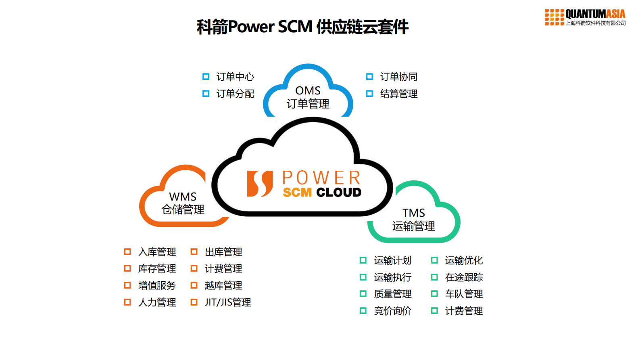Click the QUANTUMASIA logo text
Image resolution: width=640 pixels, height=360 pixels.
pos(595,14)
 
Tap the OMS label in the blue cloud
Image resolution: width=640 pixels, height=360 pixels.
pos(308,90)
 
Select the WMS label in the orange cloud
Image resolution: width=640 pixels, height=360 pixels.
pos(183,197)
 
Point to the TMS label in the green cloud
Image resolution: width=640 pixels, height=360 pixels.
pos(413,213)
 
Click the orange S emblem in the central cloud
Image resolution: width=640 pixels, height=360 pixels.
pos(260,184)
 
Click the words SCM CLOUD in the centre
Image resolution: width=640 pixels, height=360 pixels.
pos(322,193)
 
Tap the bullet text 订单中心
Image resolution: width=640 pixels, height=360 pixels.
pos(235,77)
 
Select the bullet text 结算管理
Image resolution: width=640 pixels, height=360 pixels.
pos(398,94)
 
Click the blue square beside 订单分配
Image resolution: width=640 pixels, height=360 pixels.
pos(206,94)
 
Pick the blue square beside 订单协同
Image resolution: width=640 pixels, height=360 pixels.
pos(369,77)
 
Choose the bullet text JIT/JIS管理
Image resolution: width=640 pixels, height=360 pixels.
pos(228,302)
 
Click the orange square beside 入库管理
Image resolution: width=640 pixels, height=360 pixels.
pos(127,252)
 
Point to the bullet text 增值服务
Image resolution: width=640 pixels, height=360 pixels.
pos(157,285)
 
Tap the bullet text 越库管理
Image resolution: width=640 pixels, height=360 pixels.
pos(223,285)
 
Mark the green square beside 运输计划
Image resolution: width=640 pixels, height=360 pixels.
pos(363,260)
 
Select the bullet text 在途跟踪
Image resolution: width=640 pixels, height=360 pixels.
pos(464,277)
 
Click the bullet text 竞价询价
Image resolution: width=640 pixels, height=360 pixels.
pos(392,311)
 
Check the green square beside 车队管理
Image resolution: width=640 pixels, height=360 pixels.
pos(434,294)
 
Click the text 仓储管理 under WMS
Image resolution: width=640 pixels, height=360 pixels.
pos(183,209)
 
